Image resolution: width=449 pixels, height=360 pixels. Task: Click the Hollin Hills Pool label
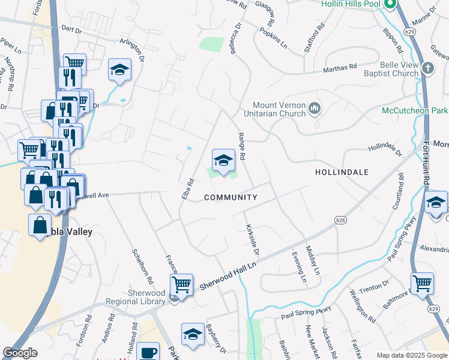351,4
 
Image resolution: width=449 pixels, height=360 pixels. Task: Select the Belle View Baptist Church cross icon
427,68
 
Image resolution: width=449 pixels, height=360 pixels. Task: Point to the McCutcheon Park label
415,111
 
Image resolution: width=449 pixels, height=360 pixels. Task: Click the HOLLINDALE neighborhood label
342,172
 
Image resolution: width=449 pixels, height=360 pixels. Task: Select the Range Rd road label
242,146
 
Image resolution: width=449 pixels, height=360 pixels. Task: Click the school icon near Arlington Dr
120,70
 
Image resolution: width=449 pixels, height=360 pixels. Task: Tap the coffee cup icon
148,352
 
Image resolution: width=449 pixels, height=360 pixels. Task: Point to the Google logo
20,353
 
